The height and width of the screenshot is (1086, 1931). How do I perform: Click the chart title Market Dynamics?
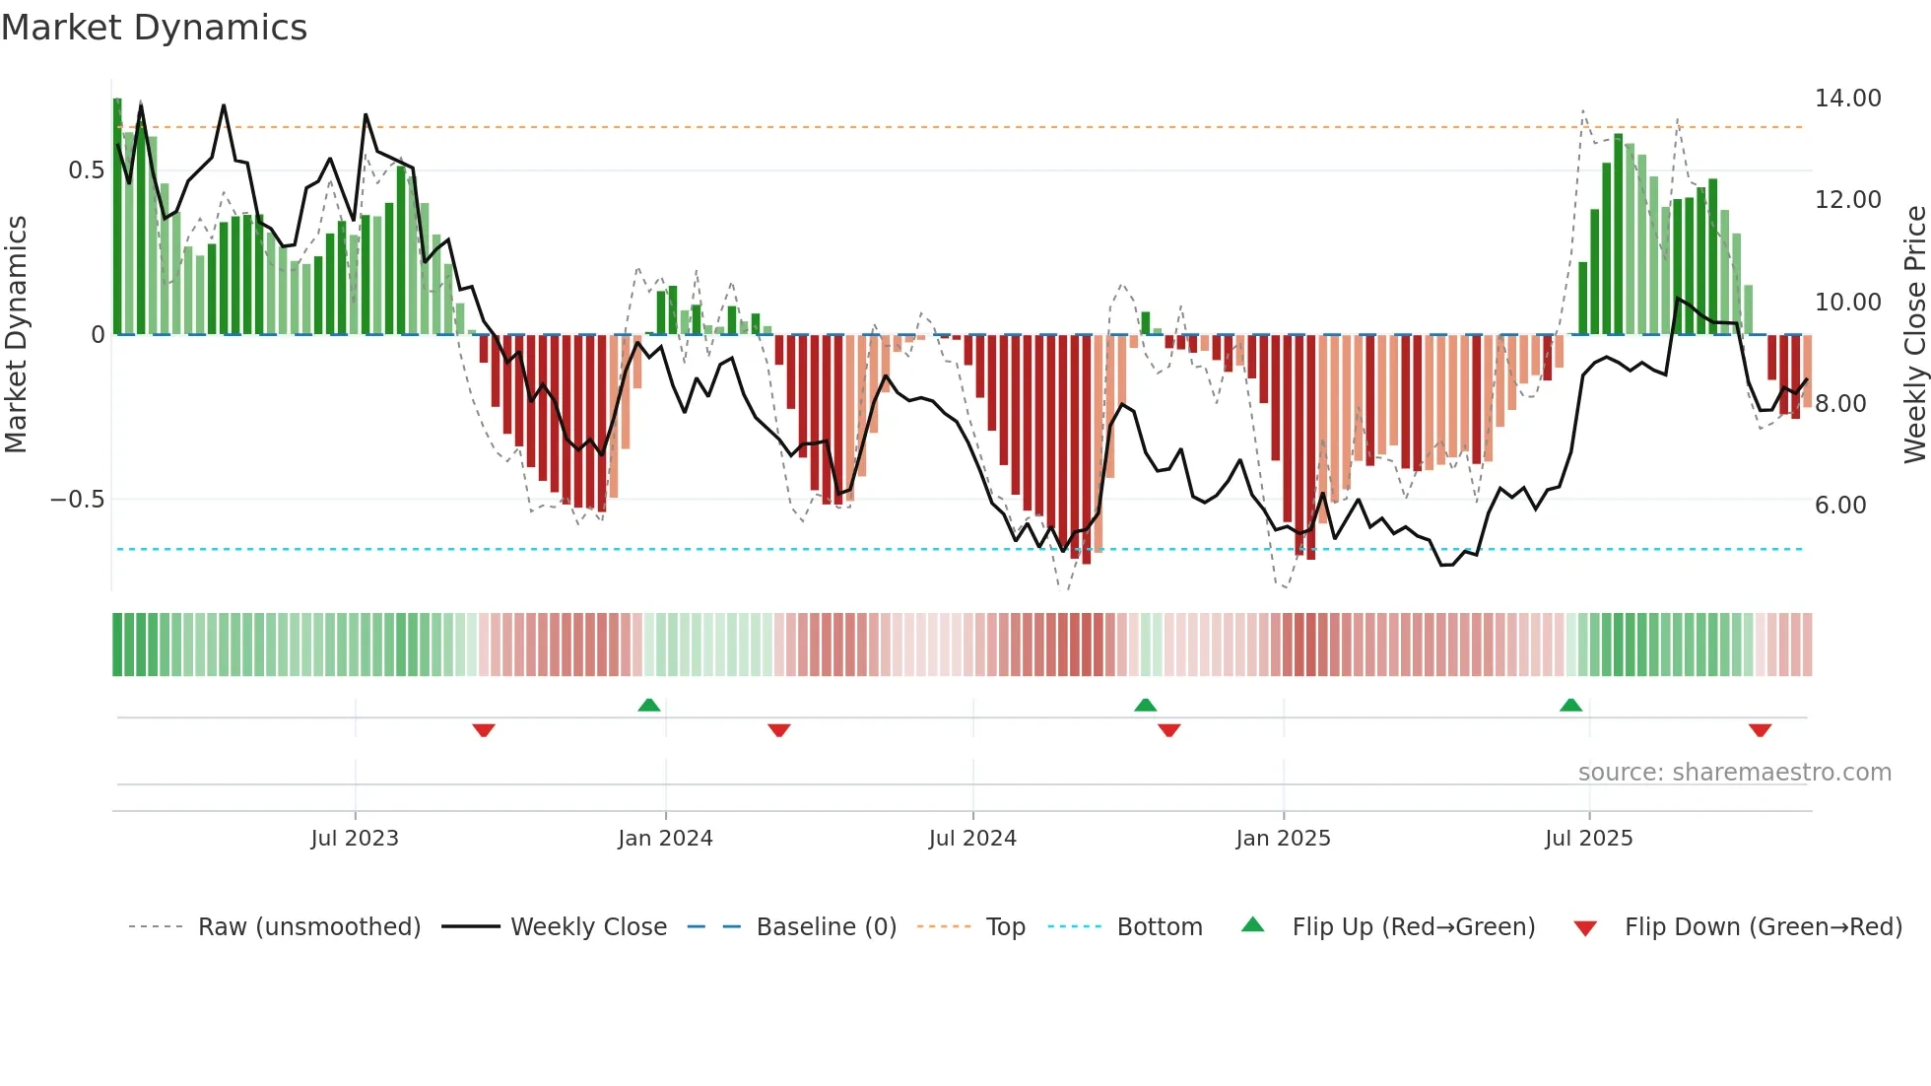pyautogui.click(x=155, y=28)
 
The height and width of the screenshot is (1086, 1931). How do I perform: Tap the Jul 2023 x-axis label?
pyautogui.click(x=355, y=839)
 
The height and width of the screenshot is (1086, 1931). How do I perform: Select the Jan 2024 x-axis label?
pyautogui.click(x=665, y=839)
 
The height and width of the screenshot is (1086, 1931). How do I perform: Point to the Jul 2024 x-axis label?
pyautogui.click(x=972, y=839)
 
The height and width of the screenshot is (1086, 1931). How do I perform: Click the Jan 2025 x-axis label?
pyautogui.click(x=1283, y=839)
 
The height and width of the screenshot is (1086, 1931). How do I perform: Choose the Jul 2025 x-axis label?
pyautogui.click(x=1588, y=839)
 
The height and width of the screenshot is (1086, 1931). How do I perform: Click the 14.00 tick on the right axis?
pyautogui.click(x=1847, y=99)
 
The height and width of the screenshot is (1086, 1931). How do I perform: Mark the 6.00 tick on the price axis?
pyautogui.click(x=1839, y=506)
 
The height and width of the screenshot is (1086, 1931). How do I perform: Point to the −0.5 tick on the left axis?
pyautogui.click(x=78, y=500)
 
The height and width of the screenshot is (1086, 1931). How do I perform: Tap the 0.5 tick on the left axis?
pyautogui.click(x=86, y=170)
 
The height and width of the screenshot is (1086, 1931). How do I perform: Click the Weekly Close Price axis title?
pyautogui.click(x=1914, y=334)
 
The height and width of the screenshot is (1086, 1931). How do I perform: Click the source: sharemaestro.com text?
pyautogui.click(x=1734, y=773)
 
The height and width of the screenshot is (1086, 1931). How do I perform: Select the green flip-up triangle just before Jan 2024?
pyautogui.click(x=648, y=706)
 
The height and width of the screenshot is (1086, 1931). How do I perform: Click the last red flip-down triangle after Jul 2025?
pyautogui.click(x=1760, y=730)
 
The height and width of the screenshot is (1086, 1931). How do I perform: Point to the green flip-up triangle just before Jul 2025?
pyautogui.click(x=1570, y=706)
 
